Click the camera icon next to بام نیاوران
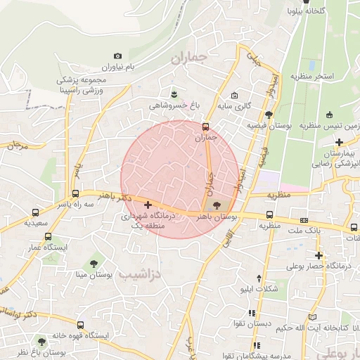[x=117, y=56]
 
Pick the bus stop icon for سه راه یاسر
[x=76, y=195]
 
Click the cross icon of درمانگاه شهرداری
[x=147, y=205]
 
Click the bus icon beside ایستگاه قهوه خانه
[x=82, y=326]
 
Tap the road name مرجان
[x=16, y=146]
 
